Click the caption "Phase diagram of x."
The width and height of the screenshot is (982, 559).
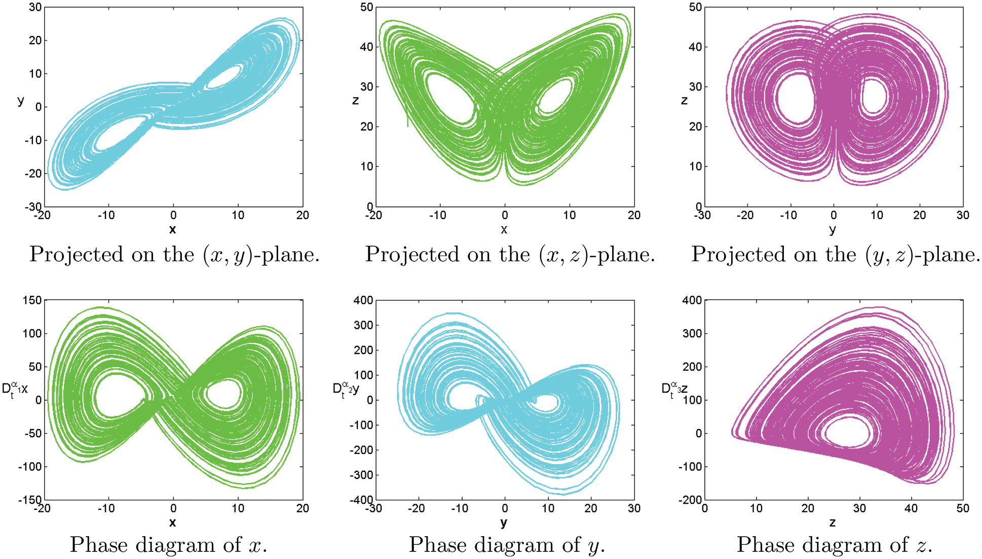click(168, 545)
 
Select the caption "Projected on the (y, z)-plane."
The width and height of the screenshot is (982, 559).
click(836, 254)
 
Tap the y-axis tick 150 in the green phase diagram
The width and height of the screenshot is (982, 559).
click(32, 300)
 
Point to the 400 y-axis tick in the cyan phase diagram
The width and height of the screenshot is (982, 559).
click(363, 300)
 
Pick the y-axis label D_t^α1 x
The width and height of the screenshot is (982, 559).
click(15, 390)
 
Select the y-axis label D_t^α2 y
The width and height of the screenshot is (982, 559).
click(346, 390)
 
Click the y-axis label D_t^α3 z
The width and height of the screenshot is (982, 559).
click(674, 390)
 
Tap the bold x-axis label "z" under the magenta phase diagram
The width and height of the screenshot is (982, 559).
click(832, 522)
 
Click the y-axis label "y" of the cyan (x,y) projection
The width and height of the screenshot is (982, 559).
click(21, 100)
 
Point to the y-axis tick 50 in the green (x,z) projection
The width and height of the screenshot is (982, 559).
click(366, 7)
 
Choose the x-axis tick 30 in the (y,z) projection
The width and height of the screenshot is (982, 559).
click(963, 215)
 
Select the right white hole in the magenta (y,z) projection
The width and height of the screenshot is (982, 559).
click(874, 96)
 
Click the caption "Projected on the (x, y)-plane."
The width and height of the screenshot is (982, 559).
click(174, 254)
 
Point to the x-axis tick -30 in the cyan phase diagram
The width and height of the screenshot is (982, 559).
click(374, 508)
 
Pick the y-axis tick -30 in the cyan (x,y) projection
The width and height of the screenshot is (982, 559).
click(33, 206)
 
